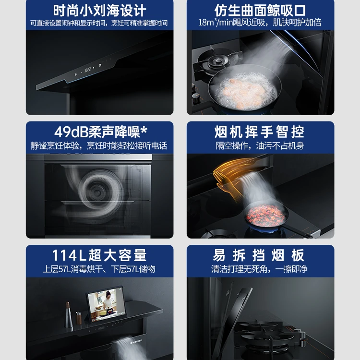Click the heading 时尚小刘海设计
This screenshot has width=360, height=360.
(x=99, y=11)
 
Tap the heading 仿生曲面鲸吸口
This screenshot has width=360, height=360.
(x=260, y=11)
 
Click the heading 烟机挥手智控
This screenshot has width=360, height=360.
(x=259, y=132)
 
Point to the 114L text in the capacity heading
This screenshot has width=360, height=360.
(x=69, y=255)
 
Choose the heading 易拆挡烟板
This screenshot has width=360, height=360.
(x=259, y=255)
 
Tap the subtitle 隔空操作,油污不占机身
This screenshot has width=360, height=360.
(x=260, y=146)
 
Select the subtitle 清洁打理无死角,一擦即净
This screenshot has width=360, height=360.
(x=259, y=269)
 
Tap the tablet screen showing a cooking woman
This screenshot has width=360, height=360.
(x=106, y=303)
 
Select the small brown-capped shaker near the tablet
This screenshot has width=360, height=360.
(x=79, y=318)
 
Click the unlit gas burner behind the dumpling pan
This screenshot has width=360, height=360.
(x=217, y=61)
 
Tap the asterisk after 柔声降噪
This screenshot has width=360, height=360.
(x=144, y=130)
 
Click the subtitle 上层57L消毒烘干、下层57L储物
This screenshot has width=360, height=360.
(x=99, y=269)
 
